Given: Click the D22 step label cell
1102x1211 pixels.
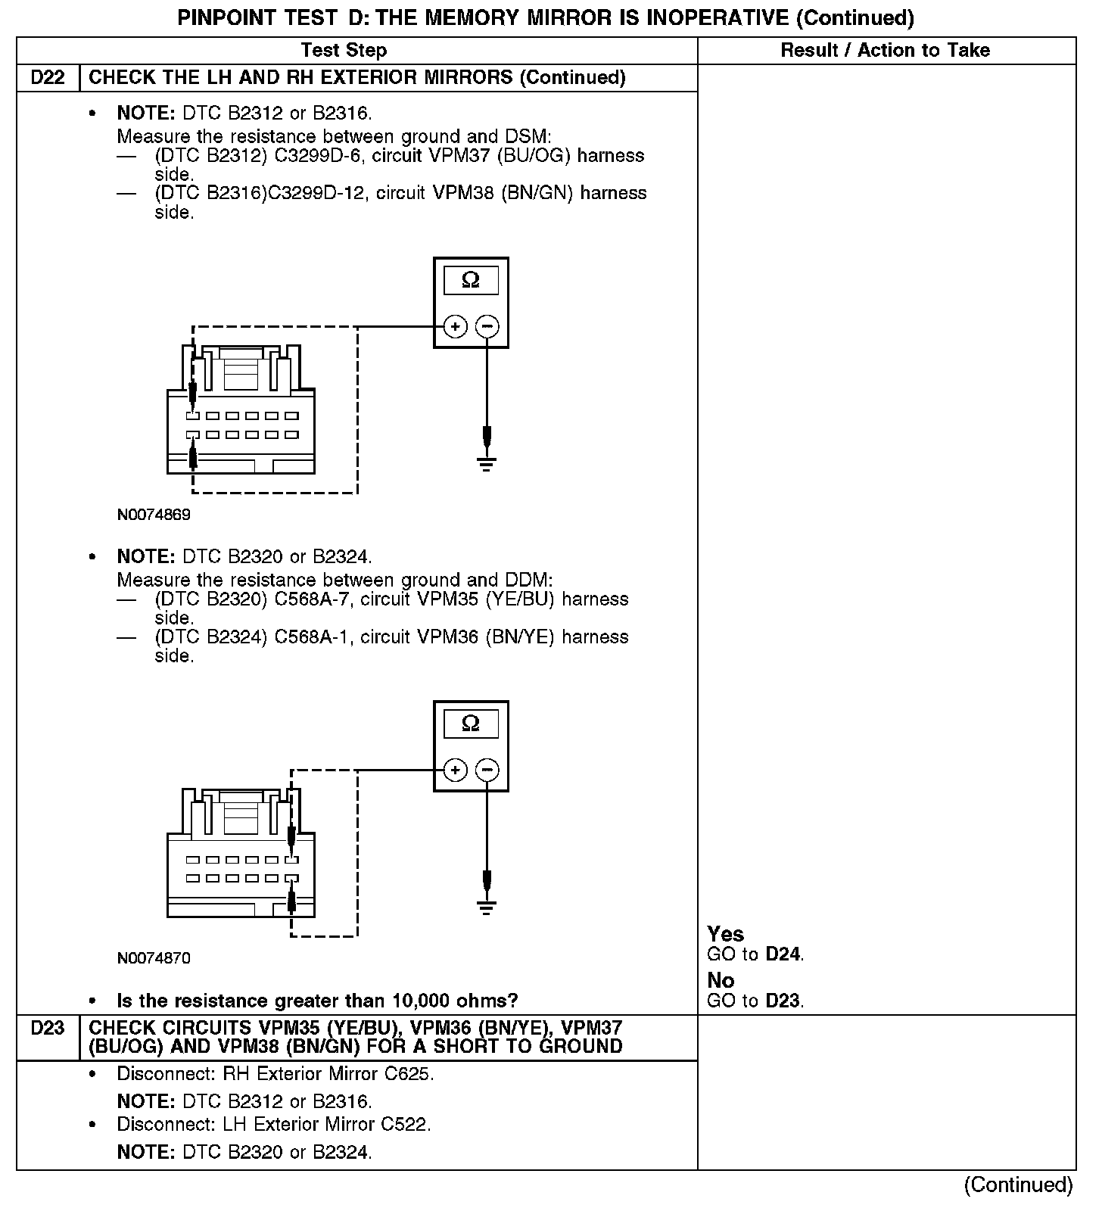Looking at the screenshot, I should [x=48, y=78].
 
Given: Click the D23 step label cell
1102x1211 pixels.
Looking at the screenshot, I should [x=48, y=1029].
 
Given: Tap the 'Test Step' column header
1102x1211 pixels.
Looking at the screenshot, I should [x=344, y=51].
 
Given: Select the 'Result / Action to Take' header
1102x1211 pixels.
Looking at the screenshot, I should [x=885, y=51].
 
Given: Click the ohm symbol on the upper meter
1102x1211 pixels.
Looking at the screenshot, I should [x=471, y=281].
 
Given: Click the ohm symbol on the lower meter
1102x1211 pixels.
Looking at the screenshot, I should [x=471, y=724].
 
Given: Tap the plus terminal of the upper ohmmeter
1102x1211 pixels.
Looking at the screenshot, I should [x=455, y=327].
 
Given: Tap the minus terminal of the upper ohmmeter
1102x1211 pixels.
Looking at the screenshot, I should [x=487, y=327].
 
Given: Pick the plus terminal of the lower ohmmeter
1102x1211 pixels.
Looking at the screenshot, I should [x=455, y=770].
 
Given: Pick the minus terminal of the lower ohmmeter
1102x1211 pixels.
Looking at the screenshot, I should [x=487, y=770].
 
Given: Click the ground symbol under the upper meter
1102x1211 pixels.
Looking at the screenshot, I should [x=487, y=464].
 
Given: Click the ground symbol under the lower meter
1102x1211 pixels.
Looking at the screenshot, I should [x=487, y=907].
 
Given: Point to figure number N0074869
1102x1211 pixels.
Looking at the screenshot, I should [x=154, y=515].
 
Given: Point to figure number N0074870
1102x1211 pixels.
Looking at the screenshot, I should [x=154, y=959].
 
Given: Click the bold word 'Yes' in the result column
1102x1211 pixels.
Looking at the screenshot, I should [x=725, y=934].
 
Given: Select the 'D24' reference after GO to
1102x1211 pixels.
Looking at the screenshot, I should [x=783, y=954].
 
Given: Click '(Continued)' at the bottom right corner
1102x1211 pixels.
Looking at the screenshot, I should [x=1018, y=1185].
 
